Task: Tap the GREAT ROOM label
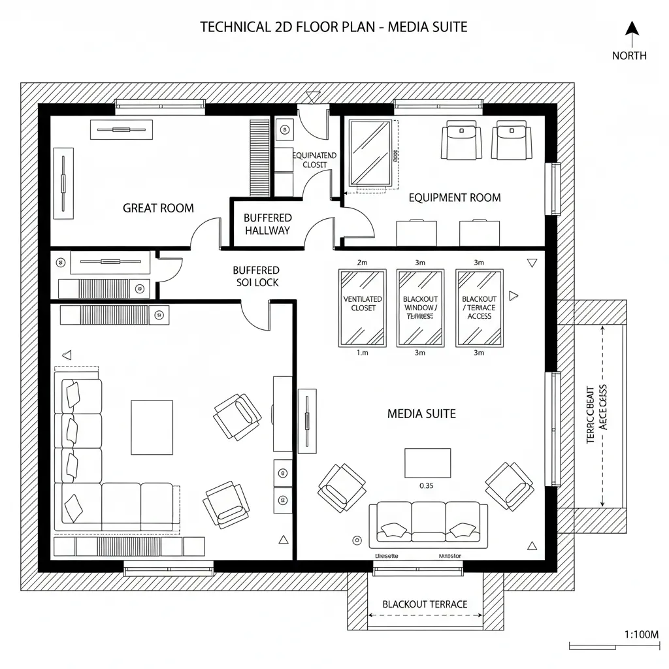tap(158, 208)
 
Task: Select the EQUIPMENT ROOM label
tap(455, 197)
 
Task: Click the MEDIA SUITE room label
tap(421, 414)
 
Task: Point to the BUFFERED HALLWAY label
tap(267, 224)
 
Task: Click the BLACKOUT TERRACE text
tap(425, 604)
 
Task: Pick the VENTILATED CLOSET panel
tap(363, 308)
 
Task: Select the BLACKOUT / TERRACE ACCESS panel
tap(479, 308)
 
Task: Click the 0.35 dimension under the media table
tap(426, 485)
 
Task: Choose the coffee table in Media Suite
tap(427, 463)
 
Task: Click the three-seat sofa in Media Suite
tap(429, 525)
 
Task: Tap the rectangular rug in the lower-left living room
tap(152, 427)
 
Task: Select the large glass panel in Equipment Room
tap(370, 153)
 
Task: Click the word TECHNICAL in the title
tap(232, 27)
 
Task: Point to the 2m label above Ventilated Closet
tap(363, 263)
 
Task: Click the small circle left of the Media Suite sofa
tap(357, 540)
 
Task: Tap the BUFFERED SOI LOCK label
tap(256, 276)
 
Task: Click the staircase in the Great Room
tap(259, 157)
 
